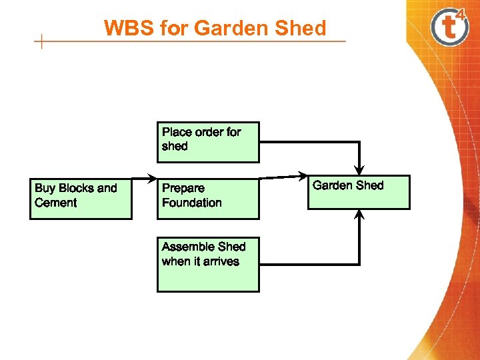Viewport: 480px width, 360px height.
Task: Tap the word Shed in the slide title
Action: point(304,29)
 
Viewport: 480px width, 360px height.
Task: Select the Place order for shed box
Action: point(208,142)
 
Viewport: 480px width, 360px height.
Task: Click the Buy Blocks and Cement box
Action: point(81,198)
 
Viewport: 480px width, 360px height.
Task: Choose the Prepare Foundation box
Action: point(208,198)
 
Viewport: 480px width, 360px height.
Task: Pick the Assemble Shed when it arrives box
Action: point(208,264)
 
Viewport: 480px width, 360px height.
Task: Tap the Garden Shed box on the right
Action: point(359,192)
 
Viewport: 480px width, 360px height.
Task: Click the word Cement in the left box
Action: point(56,203)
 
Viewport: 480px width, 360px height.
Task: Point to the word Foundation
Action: point(192,203)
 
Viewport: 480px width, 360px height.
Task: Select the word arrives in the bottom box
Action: point(221,261)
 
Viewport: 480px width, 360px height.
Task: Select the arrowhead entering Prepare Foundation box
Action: point(152,179)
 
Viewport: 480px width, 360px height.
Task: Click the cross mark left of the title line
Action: point(41,42)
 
